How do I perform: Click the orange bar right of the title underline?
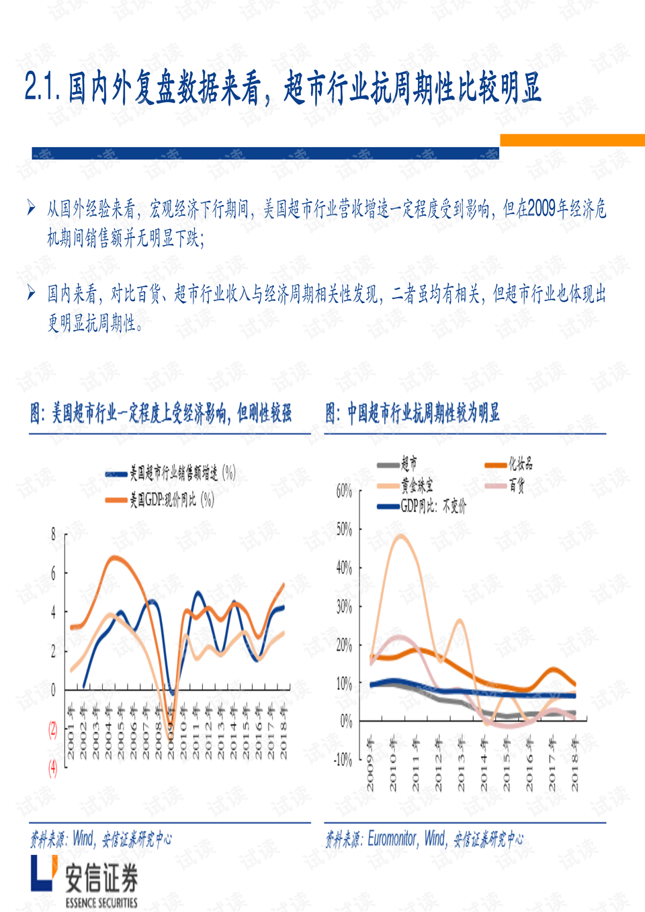tap(572, 140)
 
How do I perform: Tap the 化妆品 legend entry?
tap(520, 464)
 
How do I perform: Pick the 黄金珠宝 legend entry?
tap(417, 485)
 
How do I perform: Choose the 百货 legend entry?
tap(516, 485)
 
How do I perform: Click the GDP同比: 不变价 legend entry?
tap(433, 506)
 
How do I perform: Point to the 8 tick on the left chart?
tap(53, 535)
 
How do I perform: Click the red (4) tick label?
tap(52, 768)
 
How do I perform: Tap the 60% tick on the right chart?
tap(344, 491)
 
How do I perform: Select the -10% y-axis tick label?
tap(343, 760)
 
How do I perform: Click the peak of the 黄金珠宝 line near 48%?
tap(401, 536)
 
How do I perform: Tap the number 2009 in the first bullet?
tap(542, 209)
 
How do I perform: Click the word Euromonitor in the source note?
tap(392, 839)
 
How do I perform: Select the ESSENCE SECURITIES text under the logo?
tap(101, 903)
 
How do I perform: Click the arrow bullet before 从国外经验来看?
tap(32, 208)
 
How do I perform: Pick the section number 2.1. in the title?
tap(43, 87)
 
